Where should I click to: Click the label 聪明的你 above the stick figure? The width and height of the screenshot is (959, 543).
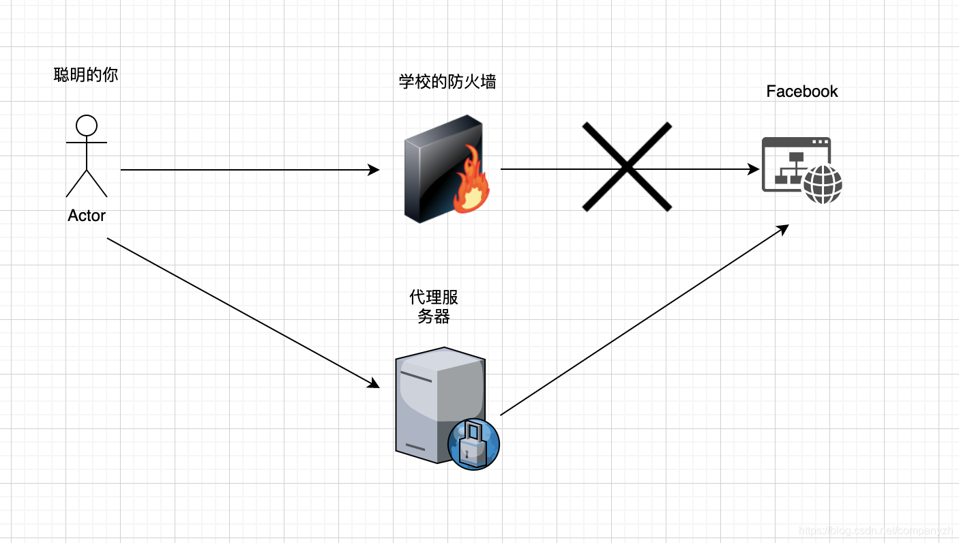[86, 75]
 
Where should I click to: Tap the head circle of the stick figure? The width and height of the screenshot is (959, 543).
[87, 126]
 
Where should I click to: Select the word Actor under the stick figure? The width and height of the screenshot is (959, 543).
[87, 216]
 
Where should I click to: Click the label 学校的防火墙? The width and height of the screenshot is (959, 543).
[447, 83]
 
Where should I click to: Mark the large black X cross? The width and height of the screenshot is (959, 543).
[627, 166]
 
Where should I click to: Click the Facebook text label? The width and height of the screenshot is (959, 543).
[801, 91]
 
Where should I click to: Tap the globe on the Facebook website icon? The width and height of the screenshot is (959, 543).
[823, 184]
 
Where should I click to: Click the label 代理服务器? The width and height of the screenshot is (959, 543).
[434, 307]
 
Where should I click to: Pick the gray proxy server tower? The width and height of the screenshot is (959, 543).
[437, 402]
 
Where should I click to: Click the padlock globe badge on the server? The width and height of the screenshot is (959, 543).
[474, 443]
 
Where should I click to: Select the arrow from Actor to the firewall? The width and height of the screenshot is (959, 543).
[246, 170]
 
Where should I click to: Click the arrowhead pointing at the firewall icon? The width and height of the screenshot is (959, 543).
[374, 170]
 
